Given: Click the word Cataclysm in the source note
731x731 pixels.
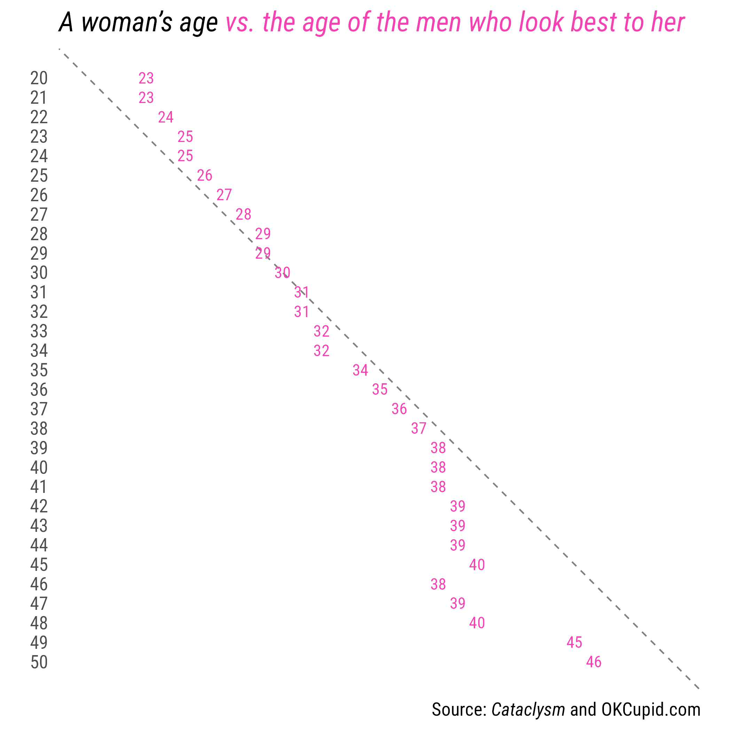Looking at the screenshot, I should coord(528,709).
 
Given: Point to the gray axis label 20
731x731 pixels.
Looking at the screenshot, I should coord(39,78).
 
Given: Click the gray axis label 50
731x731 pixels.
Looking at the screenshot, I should coord(39,662).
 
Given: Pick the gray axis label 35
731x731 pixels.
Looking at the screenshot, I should coord(39,370).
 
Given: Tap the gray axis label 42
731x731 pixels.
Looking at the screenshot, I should coord(39,506).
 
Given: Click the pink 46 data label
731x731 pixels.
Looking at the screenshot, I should coord(594,662).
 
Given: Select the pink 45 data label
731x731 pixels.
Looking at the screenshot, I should coord(574,643).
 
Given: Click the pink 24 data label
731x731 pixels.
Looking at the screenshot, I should coord(166,117).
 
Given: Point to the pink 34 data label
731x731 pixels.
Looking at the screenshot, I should coord(360,370).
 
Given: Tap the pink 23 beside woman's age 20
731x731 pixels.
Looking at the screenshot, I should coord(146,78).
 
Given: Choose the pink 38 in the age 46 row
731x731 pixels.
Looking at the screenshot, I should coord(438,584).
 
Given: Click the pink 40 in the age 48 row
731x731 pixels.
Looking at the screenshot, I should coord(477,623).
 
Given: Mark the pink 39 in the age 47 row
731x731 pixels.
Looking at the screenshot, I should coord(457,604).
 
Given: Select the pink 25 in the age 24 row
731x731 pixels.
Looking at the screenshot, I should coord(186,156).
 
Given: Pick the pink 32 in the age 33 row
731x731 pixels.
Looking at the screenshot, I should coord(322,331).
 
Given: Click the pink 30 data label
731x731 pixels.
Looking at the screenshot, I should coord(282,273).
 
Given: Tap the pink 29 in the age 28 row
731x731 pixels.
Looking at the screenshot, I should coord(263,234).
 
